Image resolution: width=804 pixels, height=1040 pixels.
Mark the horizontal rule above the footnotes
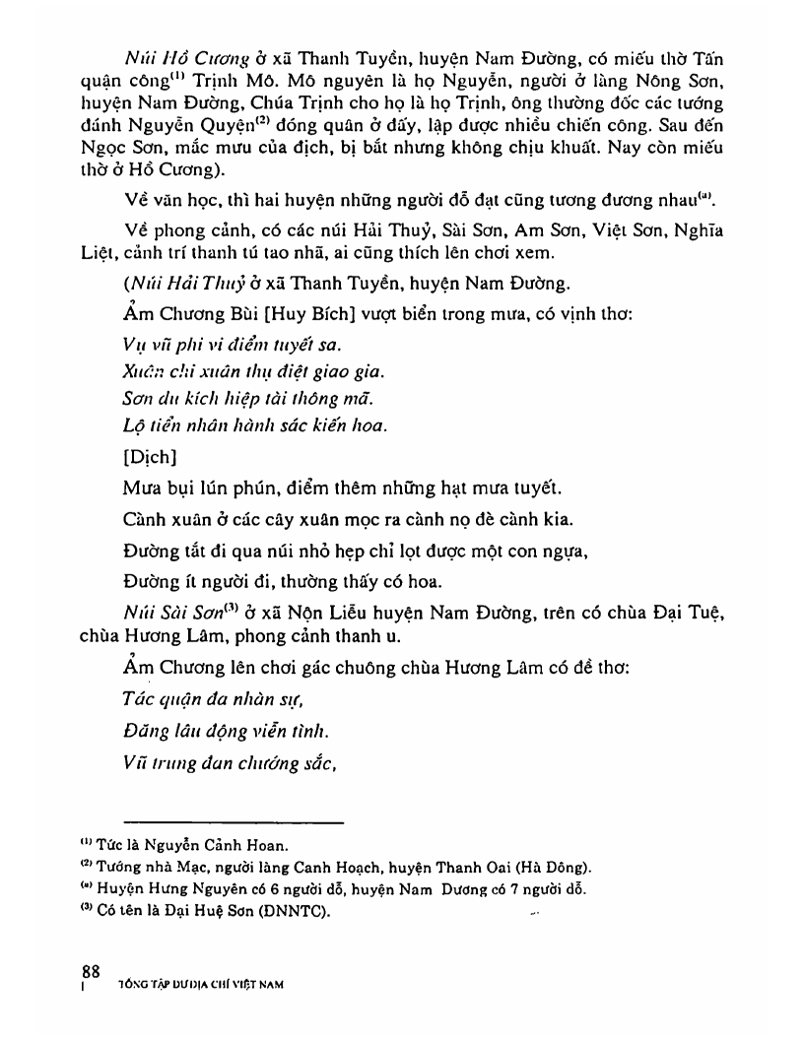(233, 822)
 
